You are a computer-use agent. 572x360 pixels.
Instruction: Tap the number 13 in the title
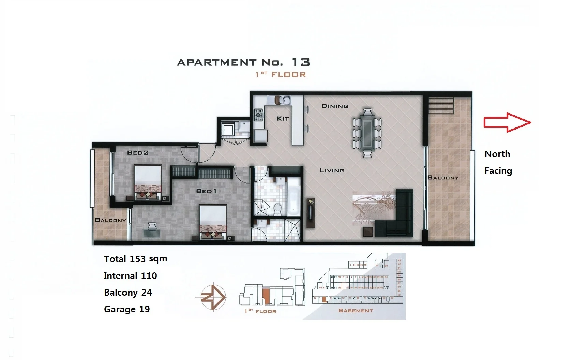coord(301,62)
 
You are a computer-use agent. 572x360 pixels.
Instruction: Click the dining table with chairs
coord(367,133)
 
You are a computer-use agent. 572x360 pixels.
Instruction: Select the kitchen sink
coord(286,101)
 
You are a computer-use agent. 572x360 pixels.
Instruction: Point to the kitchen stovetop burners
coord(258,115)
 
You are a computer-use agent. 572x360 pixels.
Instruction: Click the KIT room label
coord(283,119)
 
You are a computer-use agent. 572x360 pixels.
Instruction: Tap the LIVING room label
coord(332,170)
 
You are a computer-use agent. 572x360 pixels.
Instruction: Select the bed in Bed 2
coord(148,182)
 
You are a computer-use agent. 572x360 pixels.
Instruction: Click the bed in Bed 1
coord(213,222)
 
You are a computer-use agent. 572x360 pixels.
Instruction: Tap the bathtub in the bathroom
coord(294,201)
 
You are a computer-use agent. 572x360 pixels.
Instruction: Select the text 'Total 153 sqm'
coord(135,259)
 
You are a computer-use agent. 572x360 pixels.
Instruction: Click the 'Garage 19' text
coord(127,309)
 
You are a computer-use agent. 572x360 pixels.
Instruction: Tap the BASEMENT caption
coord(356,311)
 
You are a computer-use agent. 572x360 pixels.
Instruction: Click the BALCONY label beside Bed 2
coord(110,220)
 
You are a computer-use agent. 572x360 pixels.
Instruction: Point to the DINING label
coord(335,106)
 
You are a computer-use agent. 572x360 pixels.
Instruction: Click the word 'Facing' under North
coord(498,171)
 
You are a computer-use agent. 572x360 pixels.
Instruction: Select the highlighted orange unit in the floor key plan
coord(266,296)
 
